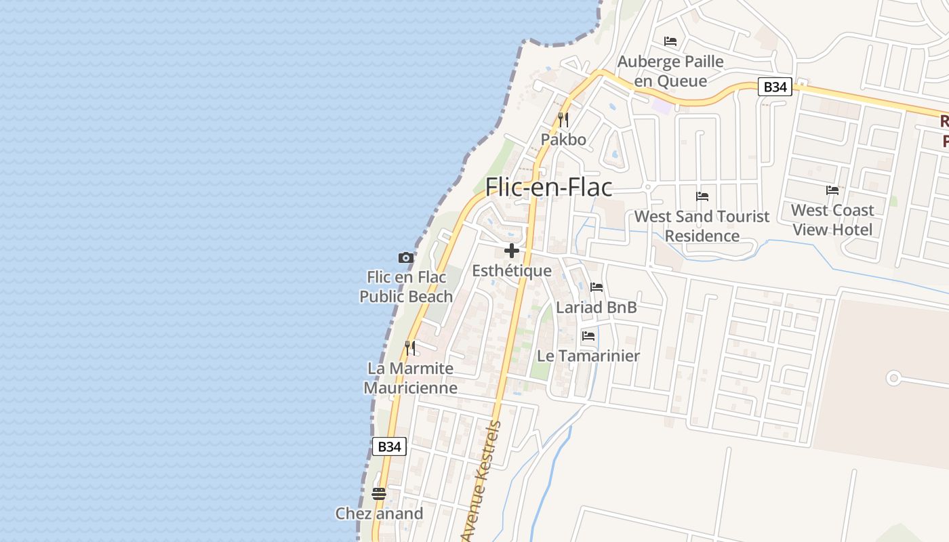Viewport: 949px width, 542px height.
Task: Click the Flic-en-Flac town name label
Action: (x=548, y=187)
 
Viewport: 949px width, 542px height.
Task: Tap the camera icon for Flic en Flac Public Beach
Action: (x=405, y=257)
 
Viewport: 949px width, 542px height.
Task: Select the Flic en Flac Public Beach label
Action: (x=406, y=287)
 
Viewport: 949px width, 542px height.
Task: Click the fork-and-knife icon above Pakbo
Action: (x=563, y=120)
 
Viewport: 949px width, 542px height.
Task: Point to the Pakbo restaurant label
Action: (x=563, y=140)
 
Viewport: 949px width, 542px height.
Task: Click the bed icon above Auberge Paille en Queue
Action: (x=670, y=41)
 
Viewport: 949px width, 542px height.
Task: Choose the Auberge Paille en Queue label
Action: (x=670, y=71)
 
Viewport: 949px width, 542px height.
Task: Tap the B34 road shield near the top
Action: (x=775, y=87)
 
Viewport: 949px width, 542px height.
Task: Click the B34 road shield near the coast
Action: (x=389, y=446)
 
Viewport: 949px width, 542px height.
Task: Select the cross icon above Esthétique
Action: (x=512, y=251)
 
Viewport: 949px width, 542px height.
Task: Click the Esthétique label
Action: (x=512, y=271)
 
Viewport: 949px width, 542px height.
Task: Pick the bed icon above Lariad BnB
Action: (x=597, y=287)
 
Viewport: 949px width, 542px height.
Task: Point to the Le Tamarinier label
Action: (x=588, y=356)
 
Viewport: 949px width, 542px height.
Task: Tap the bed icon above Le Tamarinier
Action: (x=588, y=335)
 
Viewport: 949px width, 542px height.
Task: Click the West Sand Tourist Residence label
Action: (x=702, y=226)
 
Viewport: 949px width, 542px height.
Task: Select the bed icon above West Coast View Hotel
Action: (x=832, y=190)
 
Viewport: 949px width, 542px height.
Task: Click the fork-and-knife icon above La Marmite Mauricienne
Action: (x=410, y=348)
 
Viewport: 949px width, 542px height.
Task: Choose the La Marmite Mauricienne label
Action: (x=410, y=378)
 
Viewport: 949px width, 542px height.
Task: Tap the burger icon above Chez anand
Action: (x=379, y=493)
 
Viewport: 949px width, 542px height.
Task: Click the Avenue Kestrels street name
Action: (x=482, y=481)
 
